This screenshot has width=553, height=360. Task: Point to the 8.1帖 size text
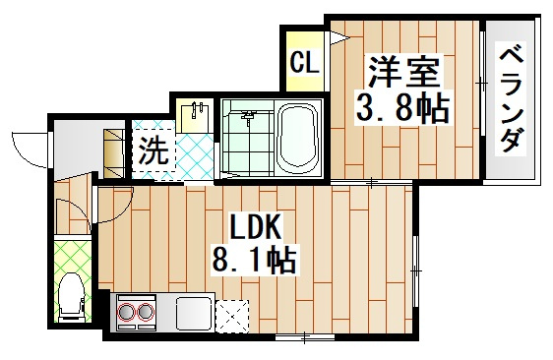(254, 261)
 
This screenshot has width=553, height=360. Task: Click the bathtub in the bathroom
(297, 138)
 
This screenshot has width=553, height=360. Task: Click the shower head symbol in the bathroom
(247, 119)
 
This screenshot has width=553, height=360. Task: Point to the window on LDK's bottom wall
(304, 337)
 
